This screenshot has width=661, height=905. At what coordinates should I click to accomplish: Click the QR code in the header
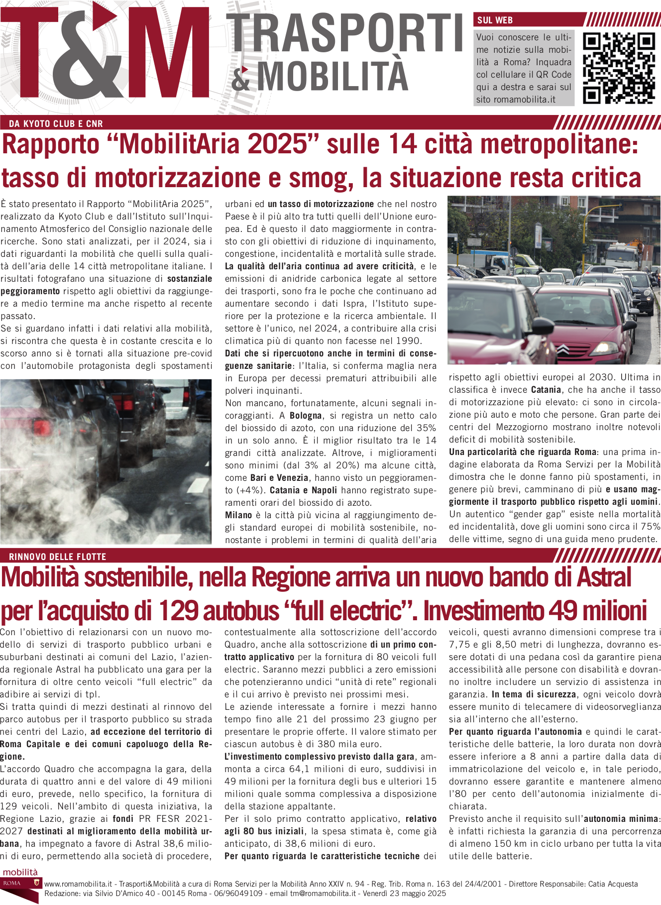tap(619, 68)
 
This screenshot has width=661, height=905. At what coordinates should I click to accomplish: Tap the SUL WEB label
tap(495, 20)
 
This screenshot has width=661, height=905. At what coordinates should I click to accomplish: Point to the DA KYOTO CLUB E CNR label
tap(56, 124)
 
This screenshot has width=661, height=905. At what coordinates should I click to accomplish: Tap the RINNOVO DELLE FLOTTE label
tap(58, 557)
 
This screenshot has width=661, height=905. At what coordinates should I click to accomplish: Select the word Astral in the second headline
tap(603, 577)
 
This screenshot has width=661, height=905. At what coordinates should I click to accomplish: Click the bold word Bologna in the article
tap(306, 416)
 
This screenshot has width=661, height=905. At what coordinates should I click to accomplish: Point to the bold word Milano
tap(238, 515)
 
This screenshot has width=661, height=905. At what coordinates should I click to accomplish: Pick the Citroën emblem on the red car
tap(562, 349)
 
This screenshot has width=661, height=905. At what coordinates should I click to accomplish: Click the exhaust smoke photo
tap(106, 461)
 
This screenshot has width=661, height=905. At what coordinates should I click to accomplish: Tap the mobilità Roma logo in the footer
tap(20, 885)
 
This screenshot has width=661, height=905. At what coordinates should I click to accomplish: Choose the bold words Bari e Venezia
tap(279, 478)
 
